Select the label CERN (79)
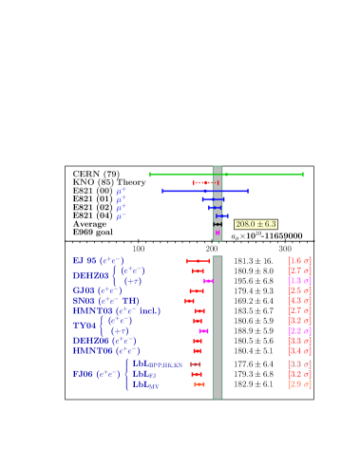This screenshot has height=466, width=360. [x=96, y=175]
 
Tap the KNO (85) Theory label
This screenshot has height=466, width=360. [x=109, y=182]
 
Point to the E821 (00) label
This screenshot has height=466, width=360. [x=92, y=191]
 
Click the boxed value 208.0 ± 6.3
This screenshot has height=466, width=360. [x=256, y=224]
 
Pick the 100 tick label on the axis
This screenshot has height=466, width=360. [x=139, y=249]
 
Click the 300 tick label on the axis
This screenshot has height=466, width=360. [x=285, y=249]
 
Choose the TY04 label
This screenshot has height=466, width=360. [x=85, y=326]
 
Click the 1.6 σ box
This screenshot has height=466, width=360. [x=299, y=260]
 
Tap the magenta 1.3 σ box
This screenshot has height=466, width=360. [x=299, y=281]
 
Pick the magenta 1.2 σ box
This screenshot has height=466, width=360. [x=299, y=330]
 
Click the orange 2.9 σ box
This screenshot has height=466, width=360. [x=299, y=384]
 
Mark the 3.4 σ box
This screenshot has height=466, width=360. [x=299, y=351]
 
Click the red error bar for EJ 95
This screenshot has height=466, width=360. [x=198, y=260]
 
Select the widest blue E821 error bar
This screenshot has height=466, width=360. [x=204, y=191]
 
